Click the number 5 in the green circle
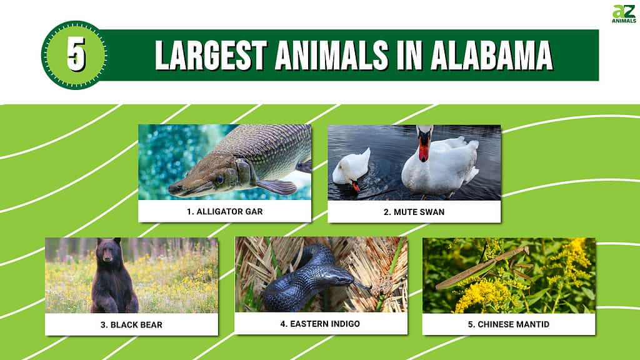(76, 54)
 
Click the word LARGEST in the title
(211, 55)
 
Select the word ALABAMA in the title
(492, 55)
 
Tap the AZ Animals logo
(624, 14)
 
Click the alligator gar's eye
(220, 179)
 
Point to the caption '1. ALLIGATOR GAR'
(225, 211)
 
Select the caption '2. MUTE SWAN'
(414, 212)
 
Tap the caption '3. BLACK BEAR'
(131, 325)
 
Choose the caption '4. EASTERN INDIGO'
(320, 324)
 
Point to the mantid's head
(526, 249)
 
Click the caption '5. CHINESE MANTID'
(509, 324)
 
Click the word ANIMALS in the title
(331, 55)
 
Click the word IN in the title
(409, 55)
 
